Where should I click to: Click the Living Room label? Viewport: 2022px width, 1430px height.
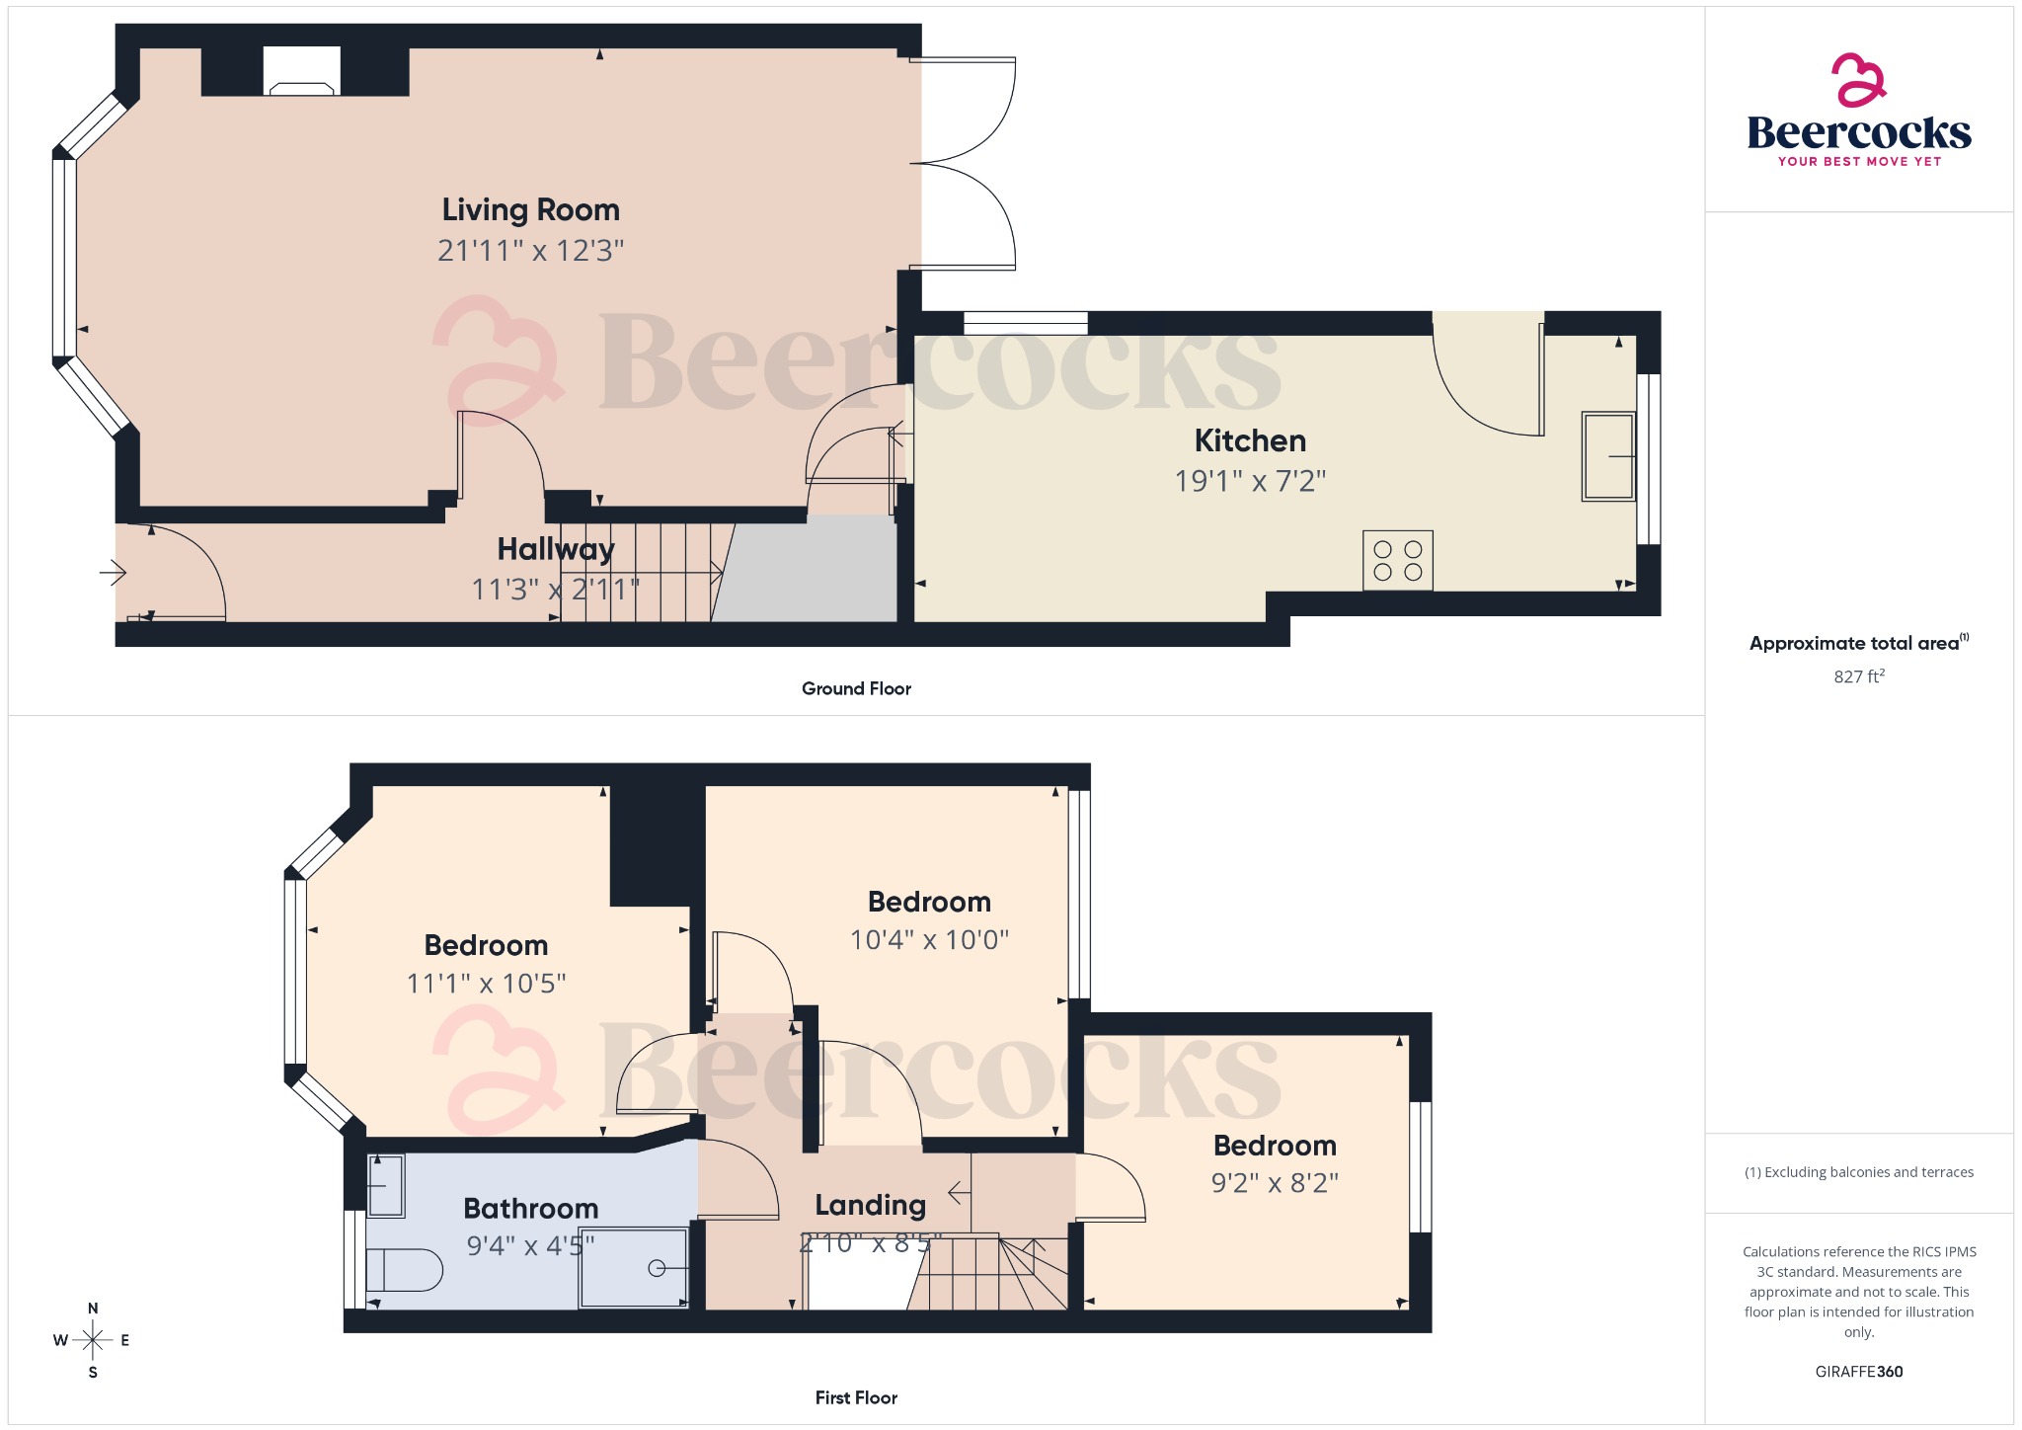coord(530,210)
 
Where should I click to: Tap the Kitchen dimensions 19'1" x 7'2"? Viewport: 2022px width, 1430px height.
coord(1249,481)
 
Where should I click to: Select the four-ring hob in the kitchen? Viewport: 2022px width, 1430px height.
coord(1397,561)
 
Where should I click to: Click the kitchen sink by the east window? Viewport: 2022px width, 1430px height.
coord(1608,456)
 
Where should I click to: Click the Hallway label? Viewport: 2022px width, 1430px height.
coord(555,549)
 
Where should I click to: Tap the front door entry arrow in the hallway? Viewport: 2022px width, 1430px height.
coord(114,572)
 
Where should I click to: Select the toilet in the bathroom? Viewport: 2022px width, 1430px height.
coord(404,1270)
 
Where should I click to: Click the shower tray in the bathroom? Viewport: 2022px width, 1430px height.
coord(633,1268)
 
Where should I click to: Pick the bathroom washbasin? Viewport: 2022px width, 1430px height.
coord(385,1185)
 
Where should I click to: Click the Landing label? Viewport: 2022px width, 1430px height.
coord(870,1205)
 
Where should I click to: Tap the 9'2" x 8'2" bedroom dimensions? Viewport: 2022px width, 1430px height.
coord(1274,1183)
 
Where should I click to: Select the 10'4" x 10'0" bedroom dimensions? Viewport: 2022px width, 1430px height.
coord(929,939)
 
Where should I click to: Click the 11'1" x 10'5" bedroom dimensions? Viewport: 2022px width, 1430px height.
coord(486,984)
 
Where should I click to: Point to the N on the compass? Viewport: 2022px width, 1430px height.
coord(93,1309)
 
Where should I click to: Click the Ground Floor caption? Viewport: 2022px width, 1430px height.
coord(856,688)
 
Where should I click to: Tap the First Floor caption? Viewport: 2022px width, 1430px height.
coord(856,1397)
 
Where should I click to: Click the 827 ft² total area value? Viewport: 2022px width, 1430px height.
coord(1858,676)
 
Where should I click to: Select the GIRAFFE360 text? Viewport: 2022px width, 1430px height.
coord(1858,1372)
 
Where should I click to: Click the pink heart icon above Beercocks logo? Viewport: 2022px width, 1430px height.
coord(1858,79)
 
